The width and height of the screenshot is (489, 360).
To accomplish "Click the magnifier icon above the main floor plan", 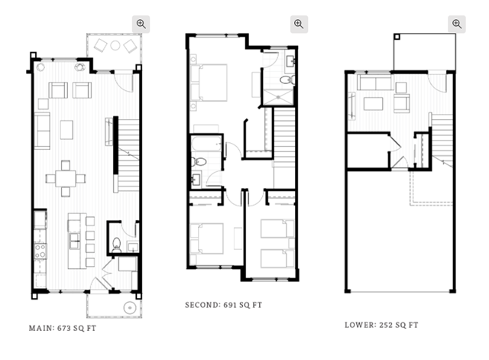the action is point(141,24).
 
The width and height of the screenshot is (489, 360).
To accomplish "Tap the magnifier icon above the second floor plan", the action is point(299,24).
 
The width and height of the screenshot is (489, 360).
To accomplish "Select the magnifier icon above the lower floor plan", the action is point(457,24).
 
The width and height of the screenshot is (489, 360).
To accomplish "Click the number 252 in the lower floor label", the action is point(386,325).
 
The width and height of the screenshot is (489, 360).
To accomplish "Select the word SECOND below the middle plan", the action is point(202,305).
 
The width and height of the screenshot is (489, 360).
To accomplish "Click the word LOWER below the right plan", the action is point(361,325).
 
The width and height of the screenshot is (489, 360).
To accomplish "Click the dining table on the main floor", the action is point(66,178).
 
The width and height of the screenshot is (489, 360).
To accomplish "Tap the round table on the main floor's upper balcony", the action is point(115,46).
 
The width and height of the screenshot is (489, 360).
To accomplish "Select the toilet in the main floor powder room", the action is point(116,245).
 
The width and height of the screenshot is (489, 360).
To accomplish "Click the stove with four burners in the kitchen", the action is point(40,251).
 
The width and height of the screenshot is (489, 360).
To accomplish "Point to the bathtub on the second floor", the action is point(206,144).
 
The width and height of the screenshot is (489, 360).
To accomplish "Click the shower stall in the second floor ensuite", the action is point(278,97).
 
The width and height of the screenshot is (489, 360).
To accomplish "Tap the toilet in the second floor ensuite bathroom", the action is point(287,79).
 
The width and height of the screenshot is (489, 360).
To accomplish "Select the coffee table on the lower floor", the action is point(374,104).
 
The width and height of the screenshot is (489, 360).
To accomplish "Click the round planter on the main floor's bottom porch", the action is point(130,307).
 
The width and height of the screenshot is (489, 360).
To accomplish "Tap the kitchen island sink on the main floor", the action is point(75,241).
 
